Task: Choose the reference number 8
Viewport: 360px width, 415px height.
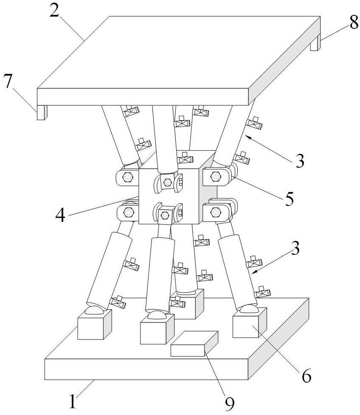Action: pos(353,24)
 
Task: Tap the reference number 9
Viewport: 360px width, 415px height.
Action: pos(230,404)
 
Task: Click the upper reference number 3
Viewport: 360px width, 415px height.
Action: pos(300,160)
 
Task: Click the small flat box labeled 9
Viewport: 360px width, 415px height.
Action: pos(194,344)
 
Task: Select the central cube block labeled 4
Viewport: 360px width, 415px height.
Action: pos(170,195)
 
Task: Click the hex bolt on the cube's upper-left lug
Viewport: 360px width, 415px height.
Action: pos(127,177)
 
